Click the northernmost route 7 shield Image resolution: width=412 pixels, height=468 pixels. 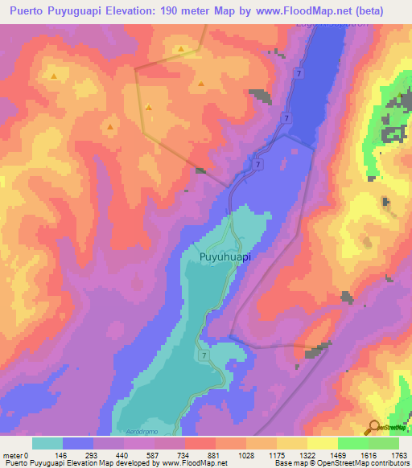pyautogui.click(x=299, y=73)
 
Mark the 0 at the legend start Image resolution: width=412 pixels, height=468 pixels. pyautogui.click(x=26, y=454)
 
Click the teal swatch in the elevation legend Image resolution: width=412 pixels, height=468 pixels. pyautogui.click(x=47, y=443)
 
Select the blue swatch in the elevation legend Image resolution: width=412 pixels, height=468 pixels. pyautogui.click(x=78, y=443)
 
